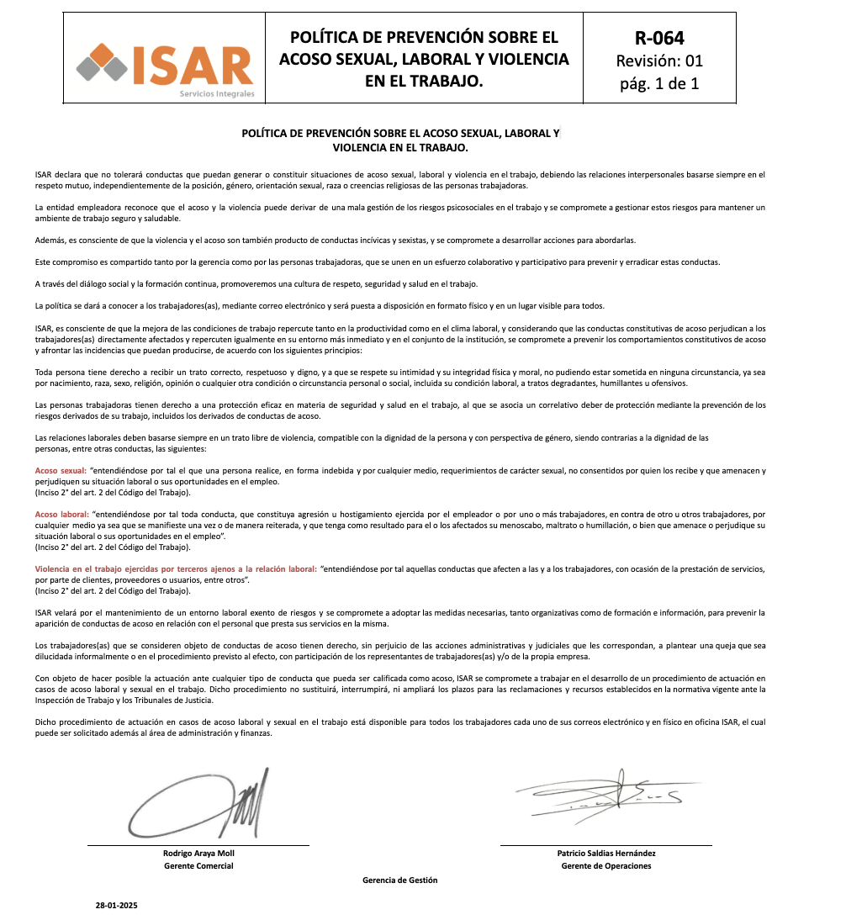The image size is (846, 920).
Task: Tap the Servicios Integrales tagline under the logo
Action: click(216, 93)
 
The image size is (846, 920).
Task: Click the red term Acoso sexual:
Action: click(61, 471)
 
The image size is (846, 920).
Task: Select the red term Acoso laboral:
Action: click(62, 514)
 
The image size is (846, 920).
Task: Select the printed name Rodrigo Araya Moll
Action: click(198, 854)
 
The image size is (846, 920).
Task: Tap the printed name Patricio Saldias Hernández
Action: click(606, 854)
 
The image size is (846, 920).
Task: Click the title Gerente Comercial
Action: click(198, 866)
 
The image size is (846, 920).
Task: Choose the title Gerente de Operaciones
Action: click(606, 866)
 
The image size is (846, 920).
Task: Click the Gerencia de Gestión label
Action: click(400, 880)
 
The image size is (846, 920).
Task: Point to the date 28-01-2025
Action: click(116, 906)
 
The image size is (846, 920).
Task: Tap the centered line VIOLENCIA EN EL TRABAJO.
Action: click(400, 147)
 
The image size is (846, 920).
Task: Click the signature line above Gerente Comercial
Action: click(198, 844)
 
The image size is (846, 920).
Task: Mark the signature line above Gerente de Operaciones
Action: click(606, 844)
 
